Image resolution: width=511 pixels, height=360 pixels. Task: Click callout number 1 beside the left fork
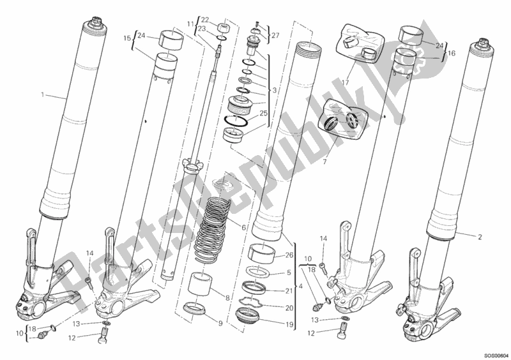click(x=42, y=95)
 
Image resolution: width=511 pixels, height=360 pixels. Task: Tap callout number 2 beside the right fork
click(x=480, y=237)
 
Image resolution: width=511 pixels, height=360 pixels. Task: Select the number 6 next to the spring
click(x=243, y=228)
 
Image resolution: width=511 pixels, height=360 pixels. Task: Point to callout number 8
click(x=228, y=297)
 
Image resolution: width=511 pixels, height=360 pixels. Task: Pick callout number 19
click(x=289, y=324)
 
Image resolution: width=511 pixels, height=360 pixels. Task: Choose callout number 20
click(x=289, y=308)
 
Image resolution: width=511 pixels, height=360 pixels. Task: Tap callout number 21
click(x=289, y=291)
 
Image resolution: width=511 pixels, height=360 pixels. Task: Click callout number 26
click(x=289, y=255)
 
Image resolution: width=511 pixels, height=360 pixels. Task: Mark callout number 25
click(x=263, y=114)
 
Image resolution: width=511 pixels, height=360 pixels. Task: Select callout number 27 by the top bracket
click(x=275, y=36)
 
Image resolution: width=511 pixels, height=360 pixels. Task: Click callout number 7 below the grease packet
click(x=324, y=162)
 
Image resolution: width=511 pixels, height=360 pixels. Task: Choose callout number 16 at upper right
click(x=452, y=53)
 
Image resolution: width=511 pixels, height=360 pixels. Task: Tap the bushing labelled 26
click(x=261, y=253)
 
